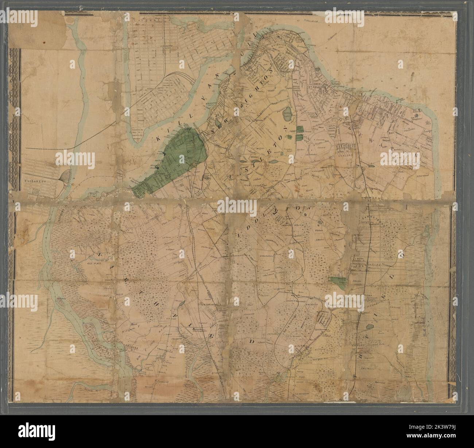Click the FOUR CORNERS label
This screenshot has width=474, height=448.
click(x=251, y=185)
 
